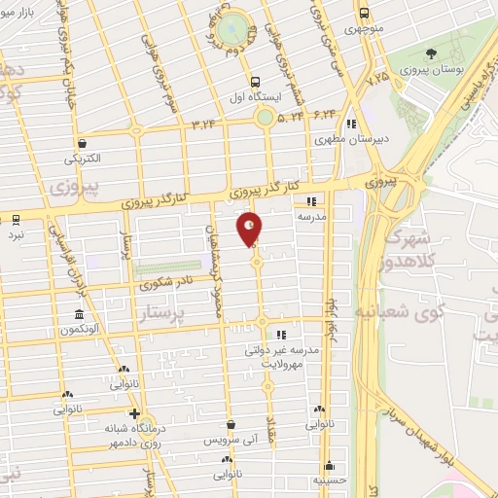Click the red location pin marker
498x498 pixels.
[x=250, y=230]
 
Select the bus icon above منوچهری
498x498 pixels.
[x=364, y=14]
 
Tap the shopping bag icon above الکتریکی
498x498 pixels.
[x=82, y=142]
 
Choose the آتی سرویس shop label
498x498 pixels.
[x=230, y=440]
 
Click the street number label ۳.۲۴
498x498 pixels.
[x=206, y=124]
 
